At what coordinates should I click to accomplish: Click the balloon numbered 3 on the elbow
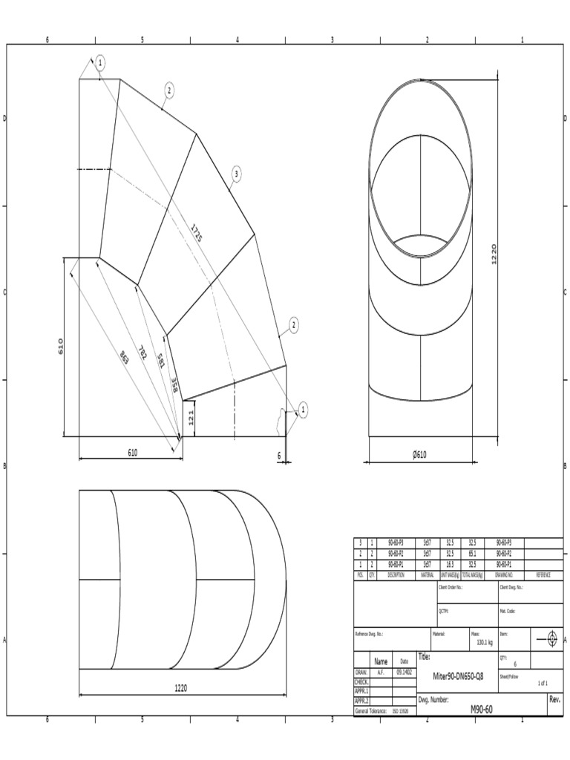(236, 174)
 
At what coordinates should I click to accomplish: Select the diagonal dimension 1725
(196, 232)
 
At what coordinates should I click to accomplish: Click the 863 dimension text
(125, 358)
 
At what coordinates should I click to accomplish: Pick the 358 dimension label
(174, 385)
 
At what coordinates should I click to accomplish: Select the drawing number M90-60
(482, 709)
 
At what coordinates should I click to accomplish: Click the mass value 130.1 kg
(485, 643)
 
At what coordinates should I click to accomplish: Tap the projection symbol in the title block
(551, 639)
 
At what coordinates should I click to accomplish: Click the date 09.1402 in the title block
(404, 671)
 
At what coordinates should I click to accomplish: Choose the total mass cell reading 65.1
(471, 554)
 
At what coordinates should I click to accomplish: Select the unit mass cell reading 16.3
(450, 564)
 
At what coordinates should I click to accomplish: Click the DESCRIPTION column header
(396, 574)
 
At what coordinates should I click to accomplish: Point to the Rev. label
(554, 699)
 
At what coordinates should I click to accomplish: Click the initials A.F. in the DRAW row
(381, 671)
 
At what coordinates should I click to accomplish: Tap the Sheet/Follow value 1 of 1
(543, 683)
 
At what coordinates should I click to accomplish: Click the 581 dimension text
(160, 361)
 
